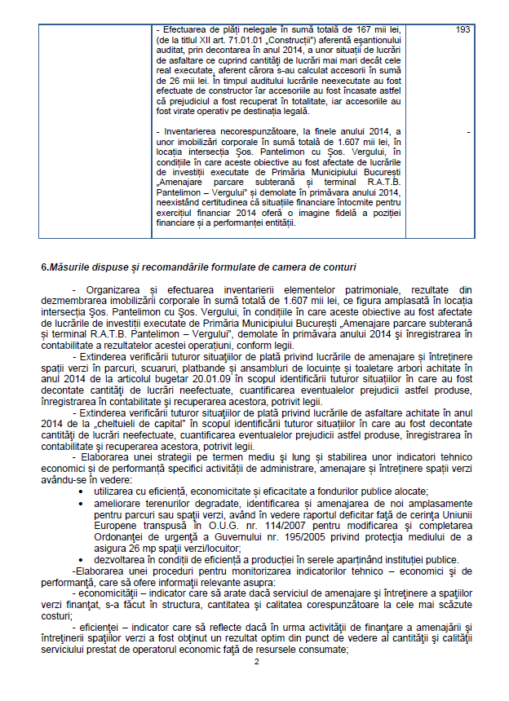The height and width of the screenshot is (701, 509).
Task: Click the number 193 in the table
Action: (x=463, y=30)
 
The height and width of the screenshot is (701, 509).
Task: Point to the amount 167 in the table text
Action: (x=336, y=30)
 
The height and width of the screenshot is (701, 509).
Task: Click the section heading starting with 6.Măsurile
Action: (x=198, y=267)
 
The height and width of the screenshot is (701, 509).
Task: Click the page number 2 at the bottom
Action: (x=257, y=684)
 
